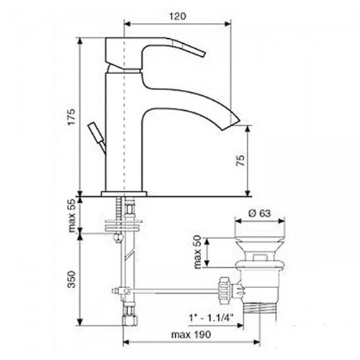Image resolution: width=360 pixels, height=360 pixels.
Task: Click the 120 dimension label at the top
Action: click(178, 17)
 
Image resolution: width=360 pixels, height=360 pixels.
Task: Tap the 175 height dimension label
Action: click(71, 117)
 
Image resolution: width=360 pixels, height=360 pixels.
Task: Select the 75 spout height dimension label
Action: click(240, 158)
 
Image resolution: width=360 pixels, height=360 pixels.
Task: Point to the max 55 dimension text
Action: click(72, 215)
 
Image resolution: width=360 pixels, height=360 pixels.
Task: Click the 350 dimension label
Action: click(72, 279)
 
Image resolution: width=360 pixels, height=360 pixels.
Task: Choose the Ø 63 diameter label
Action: click(259, 213)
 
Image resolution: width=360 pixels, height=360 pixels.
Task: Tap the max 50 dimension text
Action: click(197, 252)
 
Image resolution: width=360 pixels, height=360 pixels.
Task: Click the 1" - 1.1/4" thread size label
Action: click(212, 318)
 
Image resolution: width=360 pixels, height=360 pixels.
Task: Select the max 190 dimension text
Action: click(191, 334)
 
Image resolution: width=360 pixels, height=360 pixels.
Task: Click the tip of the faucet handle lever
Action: click(204, 54)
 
